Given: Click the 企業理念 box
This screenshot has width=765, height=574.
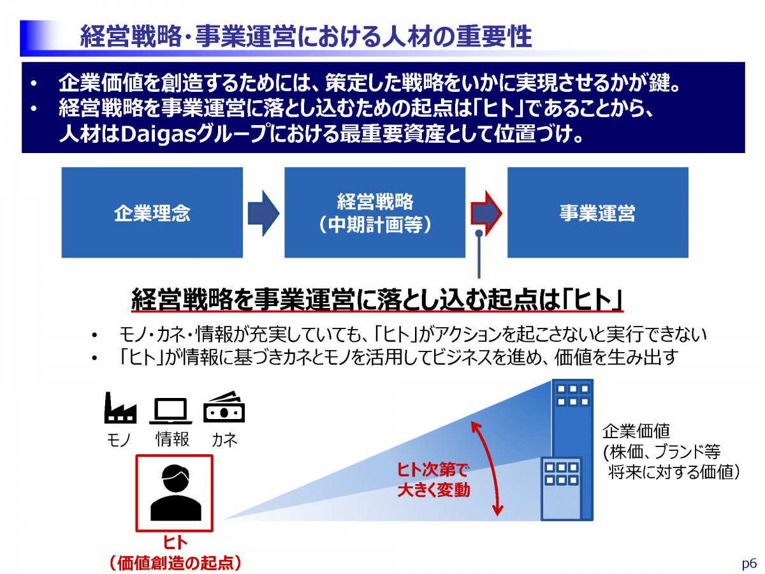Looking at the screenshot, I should click(152, 212).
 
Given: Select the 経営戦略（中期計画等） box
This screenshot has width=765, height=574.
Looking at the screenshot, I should click(375, 212).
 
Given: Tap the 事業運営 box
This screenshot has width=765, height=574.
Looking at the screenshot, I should click(597, 212).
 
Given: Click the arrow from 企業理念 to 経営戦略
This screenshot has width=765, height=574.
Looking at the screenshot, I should click(263, 212).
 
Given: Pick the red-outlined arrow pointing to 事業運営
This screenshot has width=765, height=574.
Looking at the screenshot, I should click(486, 212).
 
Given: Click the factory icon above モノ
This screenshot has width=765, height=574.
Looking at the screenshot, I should click(120, 409).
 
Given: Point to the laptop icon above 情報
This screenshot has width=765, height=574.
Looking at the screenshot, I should click(171, 411).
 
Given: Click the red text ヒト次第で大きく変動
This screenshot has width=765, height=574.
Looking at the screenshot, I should click(433, 481).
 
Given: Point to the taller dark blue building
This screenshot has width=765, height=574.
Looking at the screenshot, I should click(571, 415).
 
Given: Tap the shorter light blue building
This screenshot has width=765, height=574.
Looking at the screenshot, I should click(561, 489).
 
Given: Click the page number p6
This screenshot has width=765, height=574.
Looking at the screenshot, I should click(749, 564).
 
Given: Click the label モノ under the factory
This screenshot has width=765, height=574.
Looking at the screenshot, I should click(118, 440).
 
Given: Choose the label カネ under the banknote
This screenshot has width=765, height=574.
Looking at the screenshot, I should click(224, 440).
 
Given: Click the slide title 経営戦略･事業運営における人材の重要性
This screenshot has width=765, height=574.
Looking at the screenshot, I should click(305, 37).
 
